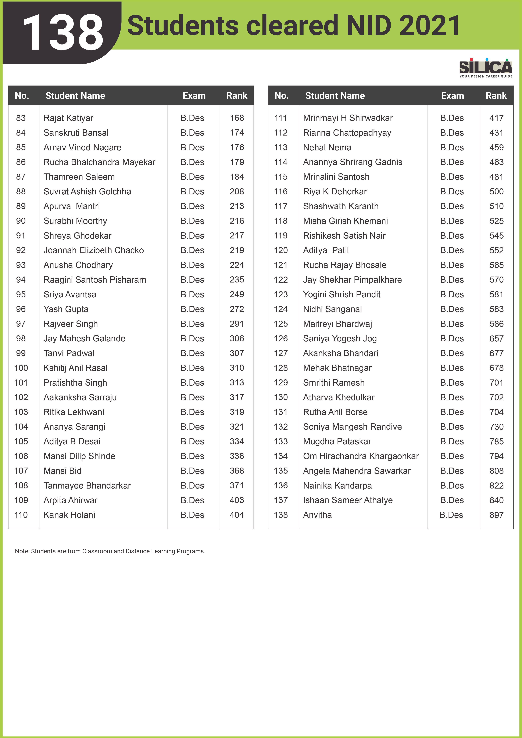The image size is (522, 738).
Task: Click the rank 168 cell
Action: click(237, 118)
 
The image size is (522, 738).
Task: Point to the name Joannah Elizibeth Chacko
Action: click(94, 250)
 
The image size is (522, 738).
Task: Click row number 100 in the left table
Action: click(21, 368)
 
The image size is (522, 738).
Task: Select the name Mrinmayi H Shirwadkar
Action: click(348, 118)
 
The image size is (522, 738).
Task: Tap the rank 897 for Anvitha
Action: click(496, 515)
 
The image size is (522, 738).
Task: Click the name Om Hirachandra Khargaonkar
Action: click(361, 456)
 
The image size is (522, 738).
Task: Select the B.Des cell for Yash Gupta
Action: click(192, 309)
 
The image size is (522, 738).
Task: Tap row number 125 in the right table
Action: click(281, 324)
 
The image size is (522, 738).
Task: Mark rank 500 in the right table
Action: click(496, 192)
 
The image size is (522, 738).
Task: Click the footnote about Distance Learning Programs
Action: click(110, 551)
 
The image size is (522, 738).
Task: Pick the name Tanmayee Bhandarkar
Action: click(87, 486)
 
